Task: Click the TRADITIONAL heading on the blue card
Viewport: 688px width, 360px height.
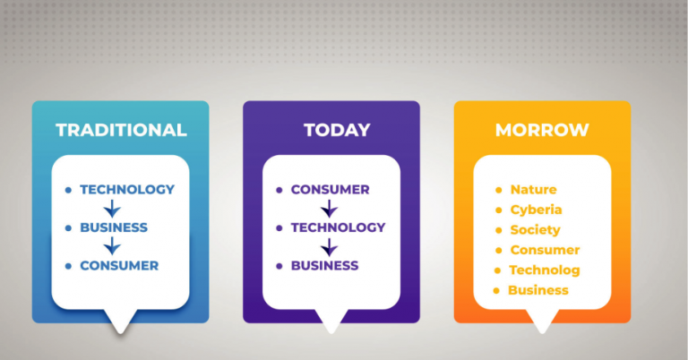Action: [121, 130]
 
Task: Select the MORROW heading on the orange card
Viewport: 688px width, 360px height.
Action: [542, 130]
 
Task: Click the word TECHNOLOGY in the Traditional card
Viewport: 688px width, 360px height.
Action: [127, 190]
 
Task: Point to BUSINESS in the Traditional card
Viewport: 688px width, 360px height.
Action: [114, 227]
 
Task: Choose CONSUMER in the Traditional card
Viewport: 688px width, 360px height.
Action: [119, 265]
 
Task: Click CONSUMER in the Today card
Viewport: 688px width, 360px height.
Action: [330, 190]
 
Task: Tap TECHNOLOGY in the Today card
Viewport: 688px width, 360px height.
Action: [338, 227]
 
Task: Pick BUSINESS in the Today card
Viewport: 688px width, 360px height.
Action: [324, 265]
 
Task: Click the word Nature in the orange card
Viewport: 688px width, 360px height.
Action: [533, 190]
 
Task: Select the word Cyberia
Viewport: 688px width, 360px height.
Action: [536, 210]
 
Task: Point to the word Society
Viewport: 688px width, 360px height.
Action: [535, 230]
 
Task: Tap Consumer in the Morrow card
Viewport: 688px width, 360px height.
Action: [545, 250]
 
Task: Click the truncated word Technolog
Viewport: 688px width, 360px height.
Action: [544, 270]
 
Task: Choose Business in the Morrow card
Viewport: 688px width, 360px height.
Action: [537, 290]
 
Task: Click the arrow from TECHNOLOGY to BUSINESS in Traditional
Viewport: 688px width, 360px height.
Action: [112, 209]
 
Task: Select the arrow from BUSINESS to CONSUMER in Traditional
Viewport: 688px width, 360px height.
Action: [112, 246]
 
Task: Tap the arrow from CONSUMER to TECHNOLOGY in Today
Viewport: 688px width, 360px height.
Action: [330, 209]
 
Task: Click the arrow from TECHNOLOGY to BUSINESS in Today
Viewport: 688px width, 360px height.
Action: [330, 246]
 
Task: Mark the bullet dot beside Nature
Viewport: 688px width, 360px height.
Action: [499, 190]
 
